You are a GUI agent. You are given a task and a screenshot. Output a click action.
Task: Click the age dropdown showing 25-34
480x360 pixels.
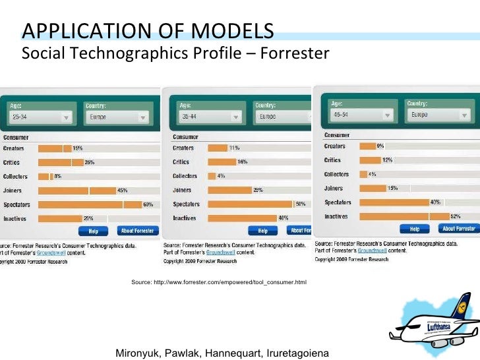pyautogui.click(x=40, y=117)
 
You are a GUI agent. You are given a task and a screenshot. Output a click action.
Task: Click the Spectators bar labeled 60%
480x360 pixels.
pyautogui.click(x=90, y=204)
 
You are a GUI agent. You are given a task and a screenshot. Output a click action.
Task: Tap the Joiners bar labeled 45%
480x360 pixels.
pyautogui.click(x=76, y=191)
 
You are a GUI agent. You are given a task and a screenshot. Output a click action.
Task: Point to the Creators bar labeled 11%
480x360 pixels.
pyautogui.click(x=217, y=148)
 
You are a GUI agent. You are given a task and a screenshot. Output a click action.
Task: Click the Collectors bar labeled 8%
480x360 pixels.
pyautogui.click(x=44, y=177)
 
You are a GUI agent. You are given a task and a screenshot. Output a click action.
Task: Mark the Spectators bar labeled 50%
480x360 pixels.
pyautogui.click(x=250, y=204)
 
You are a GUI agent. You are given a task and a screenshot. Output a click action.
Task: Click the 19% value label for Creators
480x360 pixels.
pyautogui.click(x=78, y=148)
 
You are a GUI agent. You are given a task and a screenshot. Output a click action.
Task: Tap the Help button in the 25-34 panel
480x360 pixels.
pyautogui.click(x=93, y=231)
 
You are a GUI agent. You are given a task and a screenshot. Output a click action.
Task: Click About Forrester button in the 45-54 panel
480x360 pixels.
pyautogui.click(x=458, y=228)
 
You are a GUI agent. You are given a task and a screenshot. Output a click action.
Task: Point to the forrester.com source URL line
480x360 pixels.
pyautogui.click(x=219, y=282)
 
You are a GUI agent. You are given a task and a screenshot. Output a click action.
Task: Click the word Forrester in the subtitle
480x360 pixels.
pyautogui.click(x=294, y=53)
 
